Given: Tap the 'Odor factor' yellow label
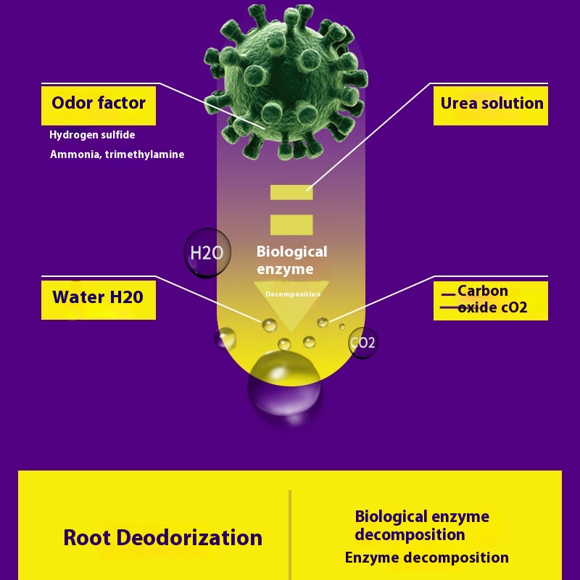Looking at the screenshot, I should pos(99,104).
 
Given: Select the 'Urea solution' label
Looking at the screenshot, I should pos(491,104).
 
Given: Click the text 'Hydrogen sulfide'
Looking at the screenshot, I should pos(92,135).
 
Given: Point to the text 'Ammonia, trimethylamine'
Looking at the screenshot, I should pos(117,154).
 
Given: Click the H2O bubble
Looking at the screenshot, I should pos(208,253).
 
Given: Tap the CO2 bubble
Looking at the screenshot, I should pos(362,342).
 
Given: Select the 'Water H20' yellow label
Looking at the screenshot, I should pos(98,297).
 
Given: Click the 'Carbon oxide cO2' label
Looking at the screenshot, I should pos(491,299).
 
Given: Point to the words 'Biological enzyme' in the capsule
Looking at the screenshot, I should pos(291,260).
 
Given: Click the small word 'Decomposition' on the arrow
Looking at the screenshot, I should pos(293,294).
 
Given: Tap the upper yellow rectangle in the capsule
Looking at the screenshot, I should pos(291,192).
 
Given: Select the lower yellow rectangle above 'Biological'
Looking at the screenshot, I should pos(291,225).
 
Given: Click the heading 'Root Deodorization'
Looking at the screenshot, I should pos(162,538).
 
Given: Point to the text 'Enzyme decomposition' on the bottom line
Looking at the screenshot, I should pos(426,558).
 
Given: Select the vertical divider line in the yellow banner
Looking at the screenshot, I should pos(290,533).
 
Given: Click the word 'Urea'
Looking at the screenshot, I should pos(458,104).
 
